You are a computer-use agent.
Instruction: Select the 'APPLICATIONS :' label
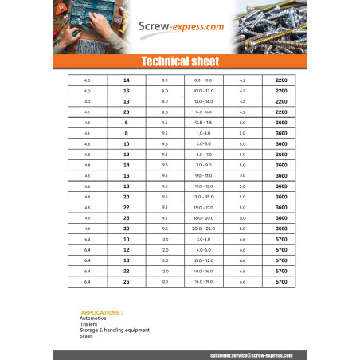[101, 313]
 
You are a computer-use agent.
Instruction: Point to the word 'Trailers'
[88, 324]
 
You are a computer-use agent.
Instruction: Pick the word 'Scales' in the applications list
[86, 335]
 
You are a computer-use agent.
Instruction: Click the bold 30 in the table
[126, 229]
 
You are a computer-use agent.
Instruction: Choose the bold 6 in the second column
[126, 123]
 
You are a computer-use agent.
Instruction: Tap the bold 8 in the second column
[126, 133]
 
